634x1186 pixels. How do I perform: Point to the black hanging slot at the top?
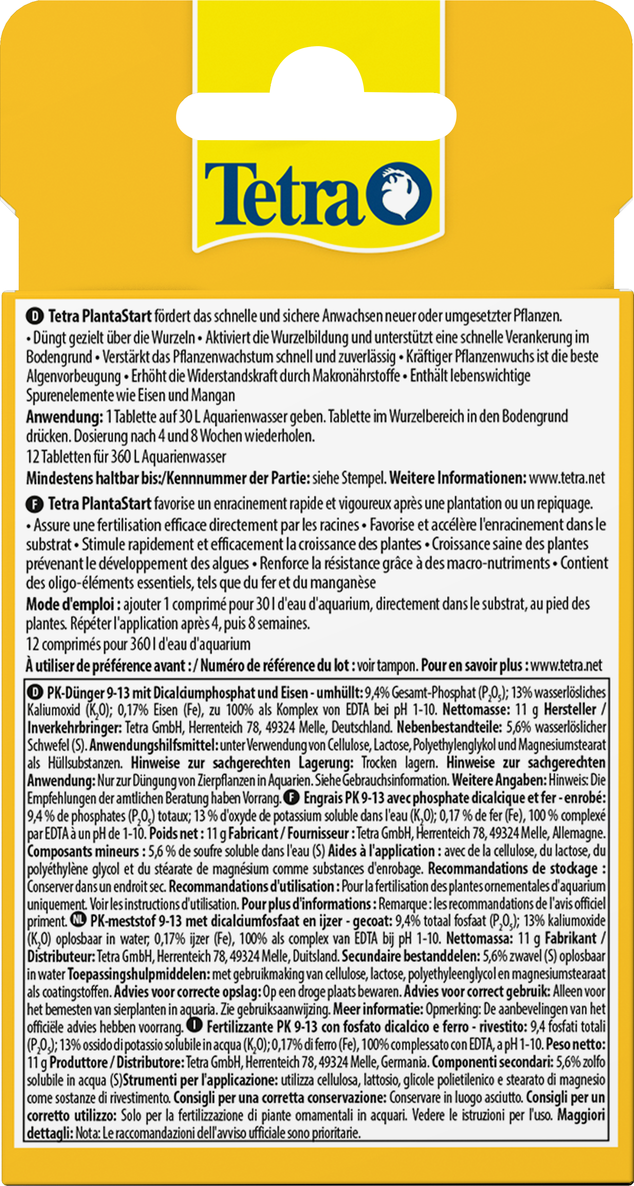coord(316,112)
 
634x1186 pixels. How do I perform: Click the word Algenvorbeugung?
coord(73,376)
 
